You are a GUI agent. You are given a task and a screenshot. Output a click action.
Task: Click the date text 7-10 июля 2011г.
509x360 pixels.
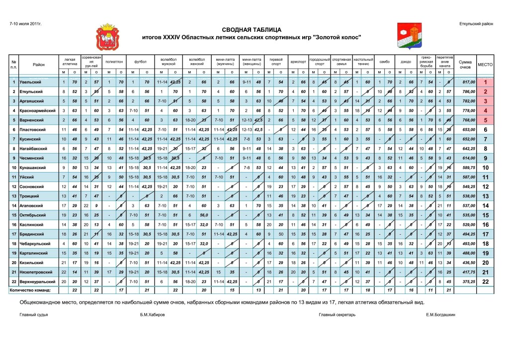pos(24,23)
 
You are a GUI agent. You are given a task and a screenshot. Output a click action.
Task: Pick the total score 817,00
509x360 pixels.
pos(463,82)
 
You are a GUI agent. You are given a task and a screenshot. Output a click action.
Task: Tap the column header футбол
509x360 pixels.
pos(140,62)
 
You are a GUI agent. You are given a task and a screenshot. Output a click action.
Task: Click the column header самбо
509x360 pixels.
pos(384,62)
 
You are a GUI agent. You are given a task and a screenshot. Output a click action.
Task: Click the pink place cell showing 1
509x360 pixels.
pos(485,82)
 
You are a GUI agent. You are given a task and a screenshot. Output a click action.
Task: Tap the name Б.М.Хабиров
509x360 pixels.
pos(152,315)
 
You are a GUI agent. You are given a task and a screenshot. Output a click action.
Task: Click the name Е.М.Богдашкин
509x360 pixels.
pos(441,315)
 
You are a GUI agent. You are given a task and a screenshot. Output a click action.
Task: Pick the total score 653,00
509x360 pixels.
pos(463,129)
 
